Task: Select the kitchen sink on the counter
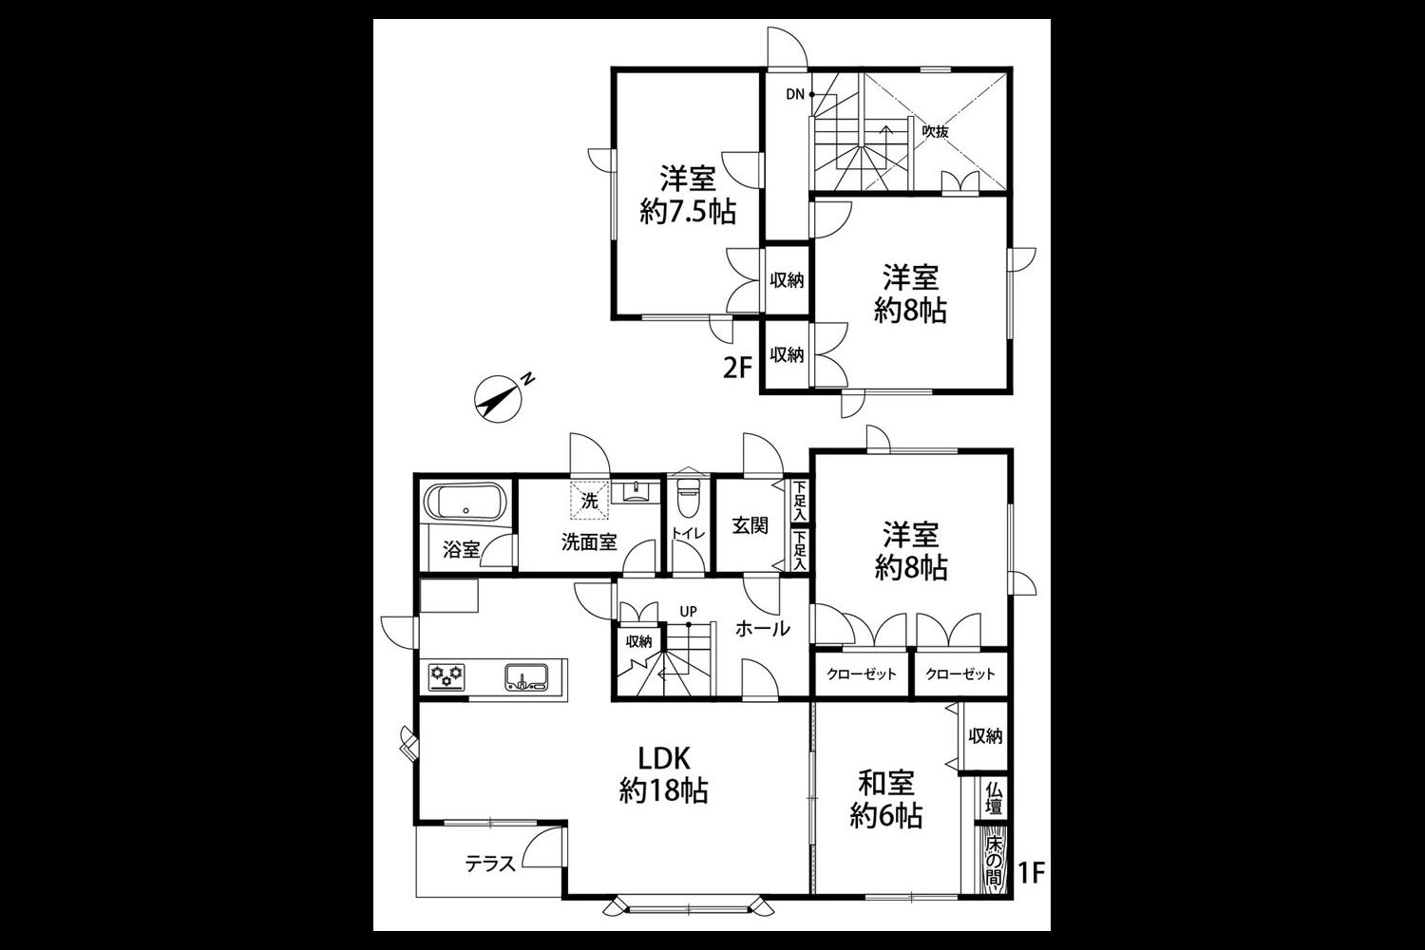[x=526, y=677]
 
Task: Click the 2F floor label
[x=738, y=368]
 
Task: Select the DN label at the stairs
[x=795, y=95]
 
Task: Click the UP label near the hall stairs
[x=689, y=612]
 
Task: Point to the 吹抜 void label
[x=936, y=132]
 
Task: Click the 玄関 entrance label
[x=750, y=525]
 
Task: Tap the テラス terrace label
[x=490, y=864]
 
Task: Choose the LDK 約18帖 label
[x=663, y=774]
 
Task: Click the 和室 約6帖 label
[x=886, y=799]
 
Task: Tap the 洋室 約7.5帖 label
[x=689, y=196]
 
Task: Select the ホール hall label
[x=763, y=629]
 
